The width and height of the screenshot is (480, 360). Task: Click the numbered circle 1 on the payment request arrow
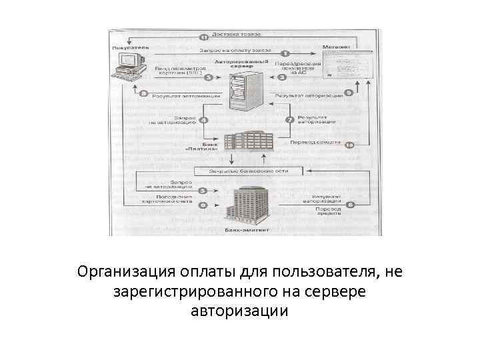285,53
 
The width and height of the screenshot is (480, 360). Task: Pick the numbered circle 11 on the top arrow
205,38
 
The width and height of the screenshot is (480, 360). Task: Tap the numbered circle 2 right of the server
282,78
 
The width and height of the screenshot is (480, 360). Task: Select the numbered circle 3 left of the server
209,77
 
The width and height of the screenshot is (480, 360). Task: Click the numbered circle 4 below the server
204,121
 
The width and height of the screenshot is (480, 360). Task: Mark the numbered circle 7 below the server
289,121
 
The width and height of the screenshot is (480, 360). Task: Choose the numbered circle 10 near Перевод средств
349,143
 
